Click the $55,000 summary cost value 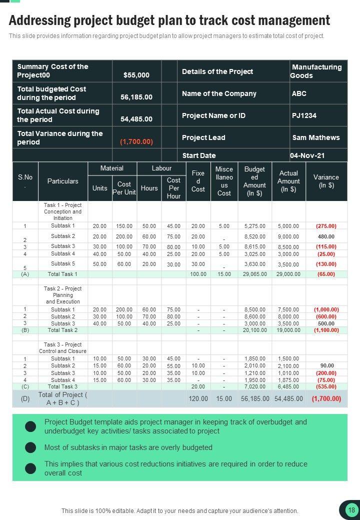tap(136, 75)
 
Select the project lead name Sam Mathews tap(315, 137)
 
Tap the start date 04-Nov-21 tap(307, 155)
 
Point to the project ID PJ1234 tap(304, 115)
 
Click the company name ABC tap(299, 93)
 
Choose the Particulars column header tap(63, 181)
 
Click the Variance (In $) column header tap(326, 181)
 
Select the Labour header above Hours tap(161, 168)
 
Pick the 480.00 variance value tap(326, 236)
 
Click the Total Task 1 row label tap(62, 274)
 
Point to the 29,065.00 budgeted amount tap(255, 274)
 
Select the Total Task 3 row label tap(62, 386)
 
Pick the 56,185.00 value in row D tap(255, 398)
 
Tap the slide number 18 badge tap(351, 510)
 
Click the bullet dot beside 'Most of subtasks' tap(30, 447)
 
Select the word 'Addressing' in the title tap(40, 20)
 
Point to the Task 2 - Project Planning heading tap(63, 295)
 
